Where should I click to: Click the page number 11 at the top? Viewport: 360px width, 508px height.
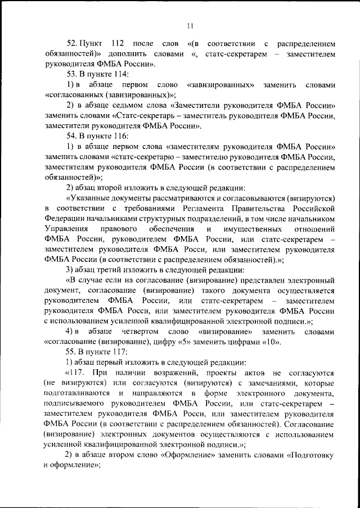[190, 24]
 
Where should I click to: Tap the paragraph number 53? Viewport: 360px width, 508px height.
[71, 74]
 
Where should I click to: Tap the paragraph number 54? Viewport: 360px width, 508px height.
[71, 136]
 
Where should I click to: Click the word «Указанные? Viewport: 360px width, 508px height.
[92, 198]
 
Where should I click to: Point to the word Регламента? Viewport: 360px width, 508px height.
[222, 208]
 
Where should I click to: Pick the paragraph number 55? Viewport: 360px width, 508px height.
[71, 352]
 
